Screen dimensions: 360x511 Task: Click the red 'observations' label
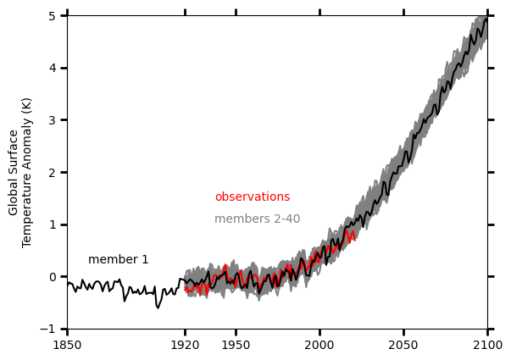click(252, 197)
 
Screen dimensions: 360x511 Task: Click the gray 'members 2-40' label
click(257, 219)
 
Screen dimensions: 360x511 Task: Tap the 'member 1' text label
click(118, 260)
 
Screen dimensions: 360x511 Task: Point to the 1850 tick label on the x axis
click(67, 346)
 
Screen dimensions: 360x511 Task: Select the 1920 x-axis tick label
click(185, 346)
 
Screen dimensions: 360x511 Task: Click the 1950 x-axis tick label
click(236, 346)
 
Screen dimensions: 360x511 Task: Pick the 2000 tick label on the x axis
click(319, 346)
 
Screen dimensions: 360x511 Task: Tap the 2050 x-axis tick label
click(403, 346)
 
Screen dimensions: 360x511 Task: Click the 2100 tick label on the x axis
click(487, 346)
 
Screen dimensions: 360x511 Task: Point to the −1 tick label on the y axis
click(50, 330)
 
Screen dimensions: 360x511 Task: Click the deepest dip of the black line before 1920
click(158, 307)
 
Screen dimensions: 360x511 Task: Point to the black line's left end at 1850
click(68, 285)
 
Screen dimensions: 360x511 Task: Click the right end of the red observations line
click(354, 230)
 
